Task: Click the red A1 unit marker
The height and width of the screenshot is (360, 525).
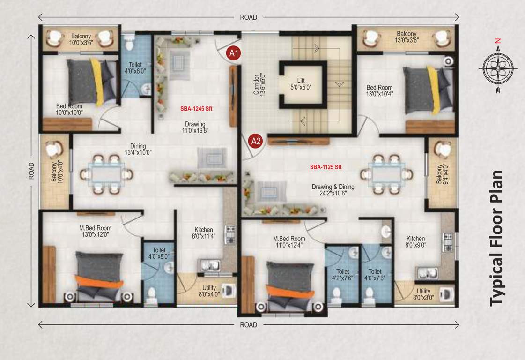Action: tap(234, 53)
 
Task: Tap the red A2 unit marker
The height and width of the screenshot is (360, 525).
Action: tap(255, 141)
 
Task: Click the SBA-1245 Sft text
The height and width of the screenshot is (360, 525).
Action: tap(196, 109)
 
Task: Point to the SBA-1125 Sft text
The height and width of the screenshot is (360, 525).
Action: tap(326, 167)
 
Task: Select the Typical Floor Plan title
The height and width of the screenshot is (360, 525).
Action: tap(498, 239)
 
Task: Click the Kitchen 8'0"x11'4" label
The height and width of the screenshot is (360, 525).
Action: tap(204, 233)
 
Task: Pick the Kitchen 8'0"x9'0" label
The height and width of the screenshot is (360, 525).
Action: tap(415, 241)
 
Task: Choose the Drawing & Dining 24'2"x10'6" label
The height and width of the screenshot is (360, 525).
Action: tap(333, 190)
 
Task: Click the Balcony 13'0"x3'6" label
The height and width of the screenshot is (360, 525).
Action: tap(407, 37)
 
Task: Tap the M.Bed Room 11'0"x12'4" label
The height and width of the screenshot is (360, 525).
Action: tap(289, 241)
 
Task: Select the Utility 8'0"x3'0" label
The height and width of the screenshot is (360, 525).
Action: tap(423, 294)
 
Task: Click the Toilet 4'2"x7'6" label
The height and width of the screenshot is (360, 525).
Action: tap(342, 275)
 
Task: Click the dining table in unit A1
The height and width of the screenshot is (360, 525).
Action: tap(107, 174)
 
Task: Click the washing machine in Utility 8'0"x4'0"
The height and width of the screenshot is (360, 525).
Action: tap(229, 291)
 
